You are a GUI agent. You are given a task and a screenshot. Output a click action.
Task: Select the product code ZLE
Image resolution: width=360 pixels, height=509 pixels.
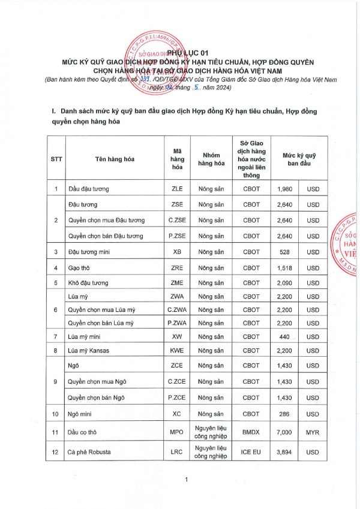click(177, 189)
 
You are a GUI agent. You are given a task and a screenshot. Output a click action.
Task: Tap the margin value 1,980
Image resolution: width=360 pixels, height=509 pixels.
click(285, 189)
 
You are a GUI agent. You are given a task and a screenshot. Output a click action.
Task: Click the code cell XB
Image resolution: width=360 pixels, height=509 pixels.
click(177, 251)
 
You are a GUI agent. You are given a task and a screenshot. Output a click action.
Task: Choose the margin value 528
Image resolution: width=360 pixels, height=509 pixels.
click(285, 251)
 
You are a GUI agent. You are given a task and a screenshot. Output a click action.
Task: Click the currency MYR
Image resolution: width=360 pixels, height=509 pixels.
click(313, 429)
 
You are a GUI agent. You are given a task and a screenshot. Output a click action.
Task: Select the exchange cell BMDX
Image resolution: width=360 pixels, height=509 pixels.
click(251, 429)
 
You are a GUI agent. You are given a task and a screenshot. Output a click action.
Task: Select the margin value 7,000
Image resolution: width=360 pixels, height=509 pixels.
click(285, 429)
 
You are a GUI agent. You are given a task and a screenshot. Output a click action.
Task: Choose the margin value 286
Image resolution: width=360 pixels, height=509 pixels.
click(285, 414)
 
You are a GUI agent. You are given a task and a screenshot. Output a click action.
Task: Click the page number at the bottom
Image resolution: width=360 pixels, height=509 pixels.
click(187, 478)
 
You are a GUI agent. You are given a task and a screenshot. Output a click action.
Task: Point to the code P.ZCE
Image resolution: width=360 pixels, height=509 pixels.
click(177, 397)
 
